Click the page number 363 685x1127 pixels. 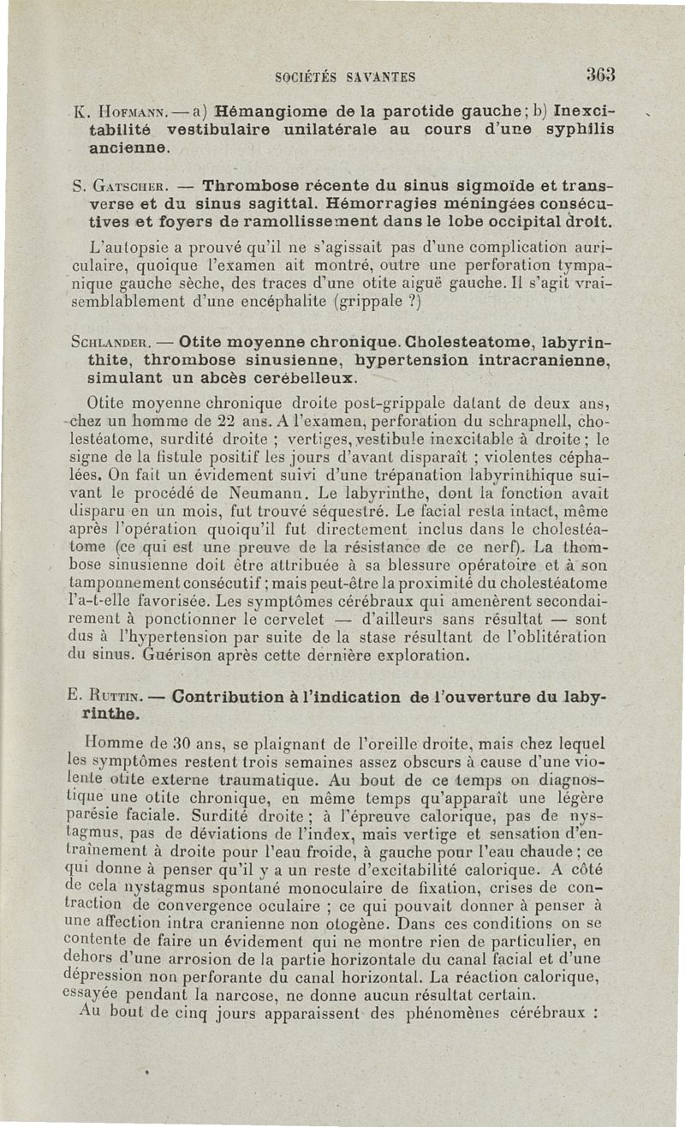coord(601,75)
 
